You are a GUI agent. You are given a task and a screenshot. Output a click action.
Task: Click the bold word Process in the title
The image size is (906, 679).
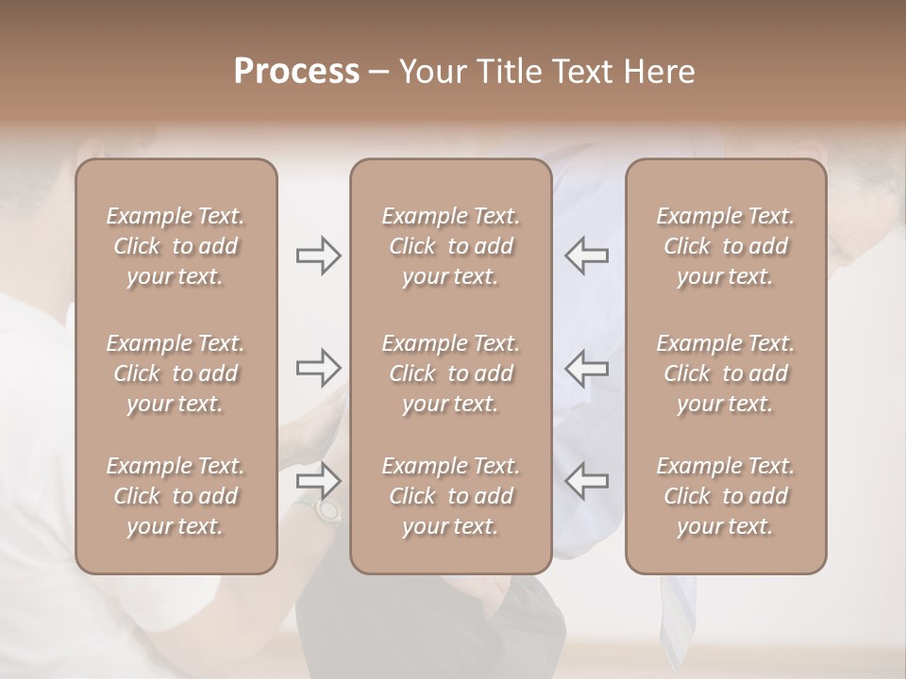296,71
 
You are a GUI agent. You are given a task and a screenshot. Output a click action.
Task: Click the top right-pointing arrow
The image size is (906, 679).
318,256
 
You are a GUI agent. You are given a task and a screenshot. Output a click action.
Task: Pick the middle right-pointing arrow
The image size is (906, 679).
318,368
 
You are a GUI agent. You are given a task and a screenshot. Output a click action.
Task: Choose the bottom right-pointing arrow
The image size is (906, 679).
318,481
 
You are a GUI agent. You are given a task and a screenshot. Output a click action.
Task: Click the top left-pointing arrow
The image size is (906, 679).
586,256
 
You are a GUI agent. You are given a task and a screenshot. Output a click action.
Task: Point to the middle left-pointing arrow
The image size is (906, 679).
586,368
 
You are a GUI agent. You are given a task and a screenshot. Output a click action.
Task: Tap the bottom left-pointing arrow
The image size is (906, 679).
586,481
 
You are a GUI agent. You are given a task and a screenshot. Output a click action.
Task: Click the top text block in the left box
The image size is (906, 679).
176,246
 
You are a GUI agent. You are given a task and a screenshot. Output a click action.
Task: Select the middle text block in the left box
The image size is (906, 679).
176,373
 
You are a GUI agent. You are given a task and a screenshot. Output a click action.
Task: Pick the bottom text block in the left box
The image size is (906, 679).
176,496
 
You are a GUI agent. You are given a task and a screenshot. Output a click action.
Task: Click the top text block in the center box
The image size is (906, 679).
450,246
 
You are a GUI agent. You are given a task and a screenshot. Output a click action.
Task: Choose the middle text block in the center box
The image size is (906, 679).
450,373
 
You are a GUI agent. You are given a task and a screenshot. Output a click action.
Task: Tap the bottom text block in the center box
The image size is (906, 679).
450,496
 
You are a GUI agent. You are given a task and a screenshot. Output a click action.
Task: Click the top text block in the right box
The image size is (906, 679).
725,246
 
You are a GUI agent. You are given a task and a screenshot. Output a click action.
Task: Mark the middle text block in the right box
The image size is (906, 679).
725,373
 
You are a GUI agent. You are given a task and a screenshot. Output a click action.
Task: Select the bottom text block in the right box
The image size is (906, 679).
725,496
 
